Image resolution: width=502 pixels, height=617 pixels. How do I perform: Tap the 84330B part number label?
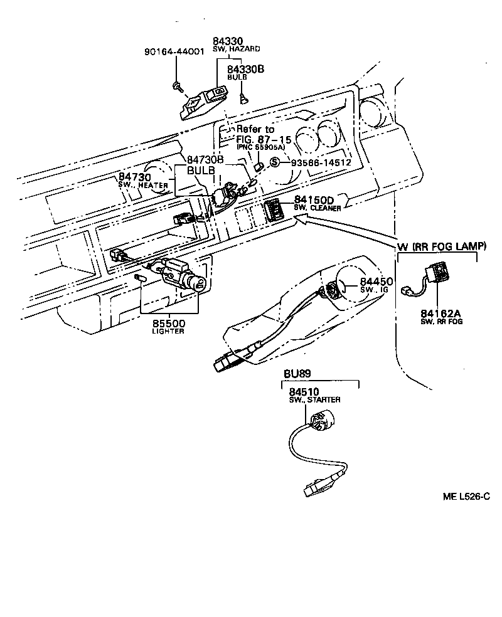click(245, 70)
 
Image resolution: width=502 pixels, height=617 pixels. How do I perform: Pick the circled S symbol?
click(274, 162)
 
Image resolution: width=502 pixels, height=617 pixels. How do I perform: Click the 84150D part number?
click(315, 200)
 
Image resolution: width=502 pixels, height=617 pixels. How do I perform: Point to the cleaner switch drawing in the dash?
click(274, 209)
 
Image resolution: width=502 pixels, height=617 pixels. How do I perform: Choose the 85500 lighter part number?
click(168, 323)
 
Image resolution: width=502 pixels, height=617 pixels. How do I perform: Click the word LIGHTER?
click(168, 331)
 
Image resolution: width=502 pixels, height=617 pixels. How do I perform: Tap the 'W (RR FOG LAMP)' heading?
click(441, 247)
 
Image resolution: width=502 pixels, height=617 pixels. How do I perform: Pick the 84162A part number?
click(441, 312)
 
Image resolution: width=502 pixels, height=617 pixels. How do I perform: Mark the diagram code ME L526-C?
click(466, 497)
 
